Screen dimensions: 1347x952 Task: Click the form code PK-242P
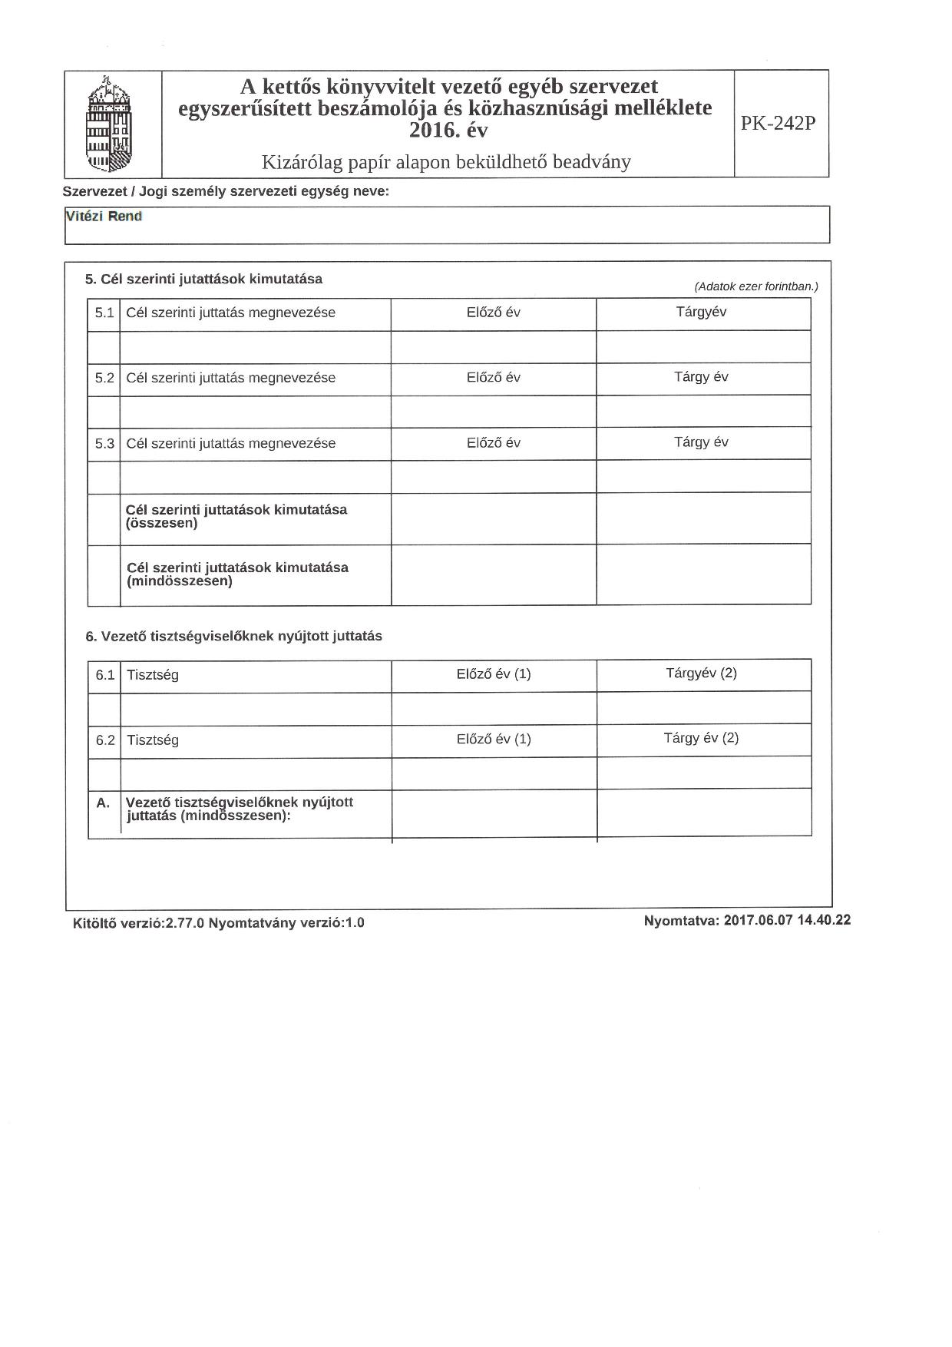(x=778, y=124)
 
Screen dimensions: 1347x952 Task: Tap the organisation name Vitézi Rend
(x=104, y=217)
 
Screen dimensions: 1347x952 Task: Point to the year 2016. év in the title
(x=448, y=131)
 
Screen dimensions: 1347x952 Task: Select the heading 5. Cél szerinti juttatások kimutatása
(x=203, y=280)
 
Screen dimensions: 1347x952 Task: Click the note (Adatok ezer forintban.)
(x=756, y=286)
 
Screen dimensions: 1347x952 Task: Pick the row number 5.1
(x=104, y=313)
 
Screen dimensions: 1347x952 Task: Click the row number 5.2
(x=104, y=379)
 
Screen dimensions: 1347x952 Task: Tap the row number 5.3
(x=104, y=444)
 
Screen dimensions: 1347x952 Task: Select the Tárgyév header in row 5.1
(x=701, y=312)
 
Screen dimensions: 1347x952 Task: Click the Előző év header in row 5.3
(x=494, y=443)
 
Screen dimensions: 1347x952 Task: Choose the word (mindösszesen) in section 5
(x=180, y=581)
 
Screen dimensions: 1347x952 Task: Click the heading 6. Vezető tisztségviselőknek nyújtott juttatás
(x=233, y=637)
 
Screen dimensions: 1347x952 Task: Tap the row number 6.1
(x=105, y=676)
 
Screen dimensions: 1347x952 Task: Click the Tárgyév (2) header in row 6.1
(x=701, y=673)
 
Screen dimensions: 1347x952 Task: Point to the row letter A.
(x=103, y=803)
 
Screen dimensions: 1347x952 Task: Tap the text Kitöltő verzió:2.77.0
(x=138, y=923)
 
